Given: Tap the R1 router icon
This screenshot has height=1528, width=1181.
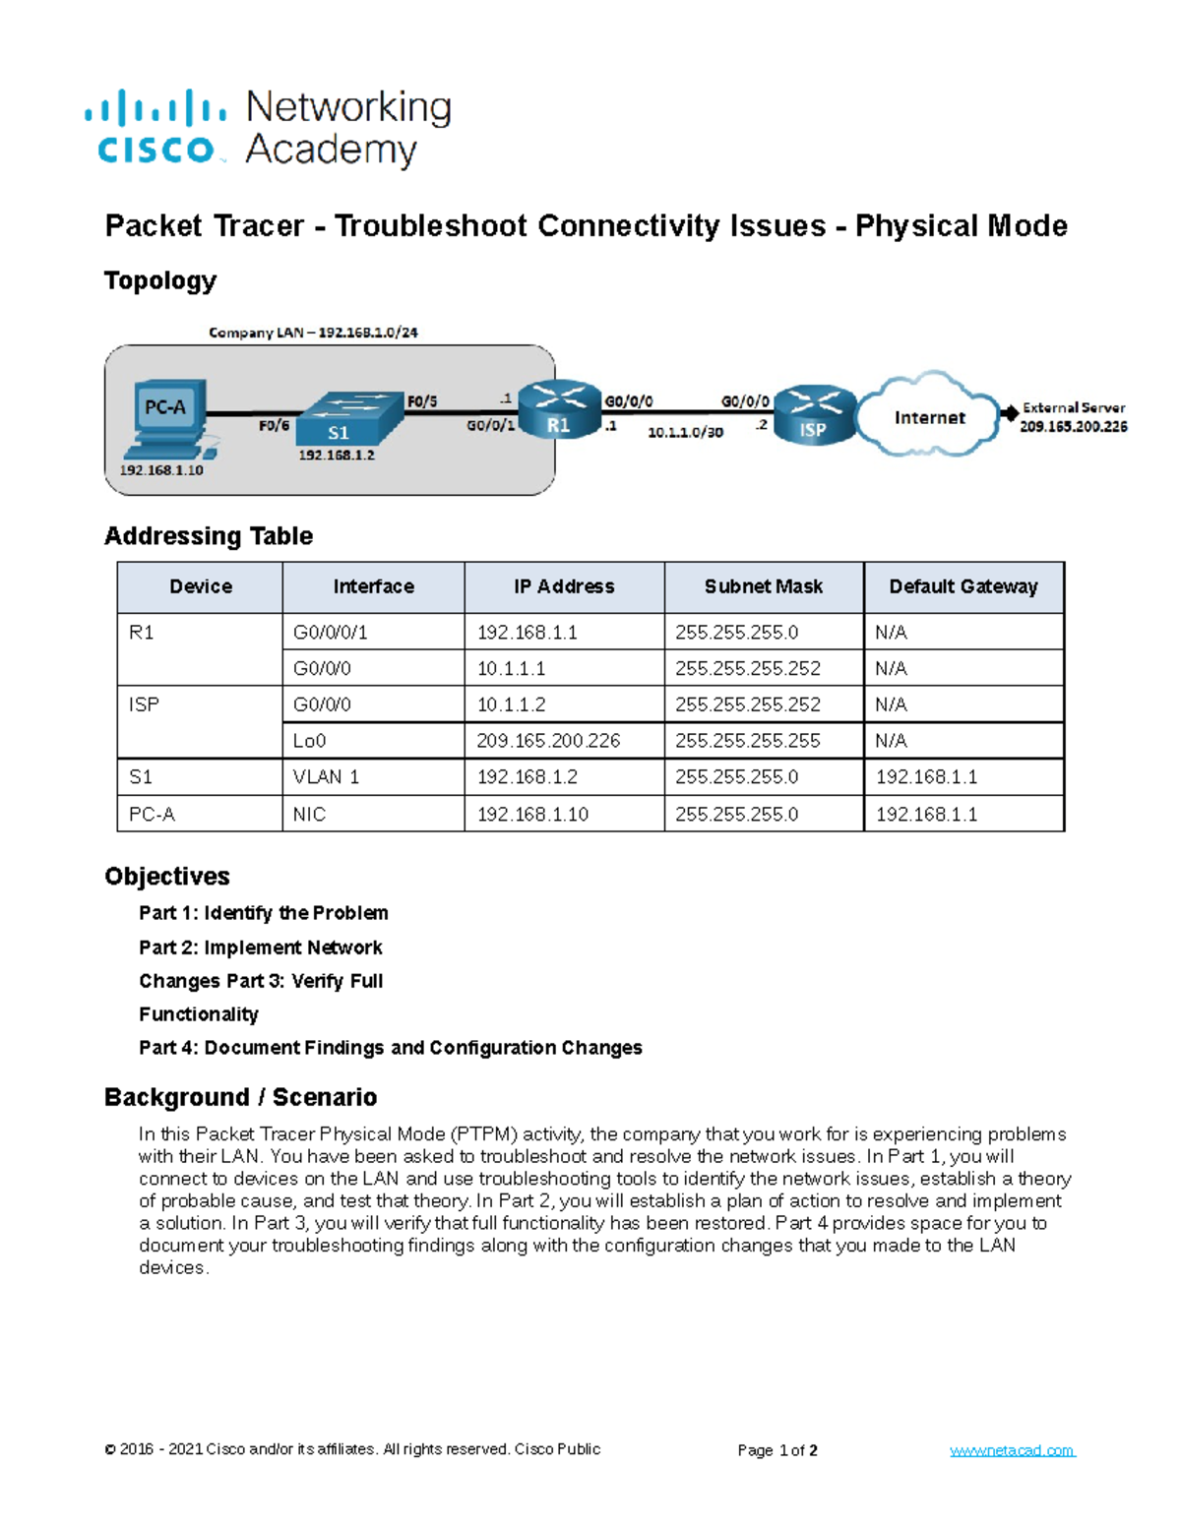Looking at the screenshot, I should click(559, 408).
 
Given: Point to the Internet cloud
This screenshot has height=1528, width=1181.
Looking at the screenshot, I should click(928, 416).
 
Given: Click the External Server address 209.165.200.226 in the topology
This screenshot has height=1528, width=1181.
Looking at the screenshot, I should click(1073, 427).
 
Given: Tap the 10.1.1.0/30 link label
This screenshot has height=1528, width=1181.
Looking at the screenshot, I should click(685, 432).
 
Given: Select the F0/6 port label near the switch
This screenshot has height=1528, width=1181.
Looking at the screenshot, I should click(274, 425).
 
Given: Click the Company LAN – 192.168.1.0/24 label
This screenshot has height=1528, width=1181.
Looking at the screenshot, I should click(313, 333).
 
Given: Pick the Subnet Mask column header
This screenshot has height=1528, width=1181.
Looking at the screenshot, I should click(763, 586).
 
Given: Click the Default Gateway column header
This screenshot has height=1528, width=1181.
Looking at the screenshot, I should click(963, 586).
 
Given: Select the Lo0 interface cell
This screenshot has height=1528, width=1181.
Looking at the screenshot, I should click(309, 741).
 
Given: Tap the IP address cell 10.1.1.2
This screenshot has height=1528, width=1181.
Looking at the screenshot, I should click(511, 704).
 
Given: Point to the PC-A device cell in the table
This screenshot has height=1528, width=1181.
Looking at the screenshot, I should click(152, 815).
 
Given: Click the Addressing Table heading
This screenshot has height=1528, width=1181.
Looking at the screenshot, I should click(209, 536).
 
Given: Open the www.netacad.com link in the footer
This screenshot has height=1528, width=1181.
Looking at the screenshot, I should click(1012, 1450).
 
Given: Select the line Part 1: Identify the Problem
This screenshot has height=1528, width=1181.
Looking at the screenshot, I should click(263, 913).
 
